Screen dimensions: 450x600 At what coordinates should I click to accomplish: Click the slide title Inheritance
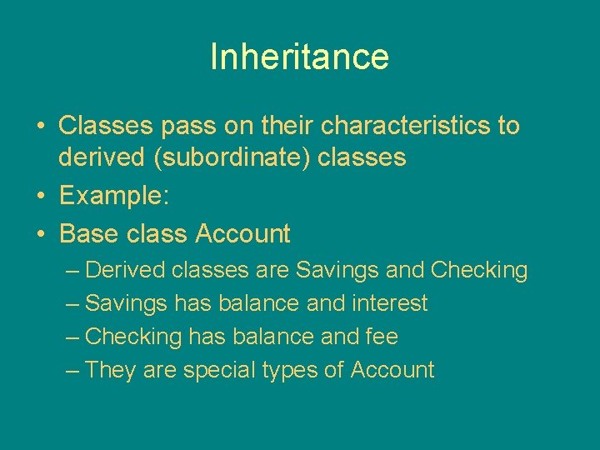click(x=299, y=57)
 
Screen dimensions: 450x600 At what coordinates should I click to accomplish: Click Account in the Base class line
click(x=242, y=234)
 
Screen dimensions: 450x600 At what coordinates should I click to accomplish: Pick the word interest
click(x=389, y=303)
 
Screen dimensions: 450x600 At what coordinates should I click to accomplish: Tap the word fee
click(x=382, y=337)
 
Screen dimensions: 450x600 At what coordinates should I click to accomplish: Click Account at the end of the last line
click(x=392, y=370)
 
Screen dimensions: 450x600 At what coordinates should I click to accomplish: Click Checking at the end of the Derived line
click(x=479, y=270)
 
